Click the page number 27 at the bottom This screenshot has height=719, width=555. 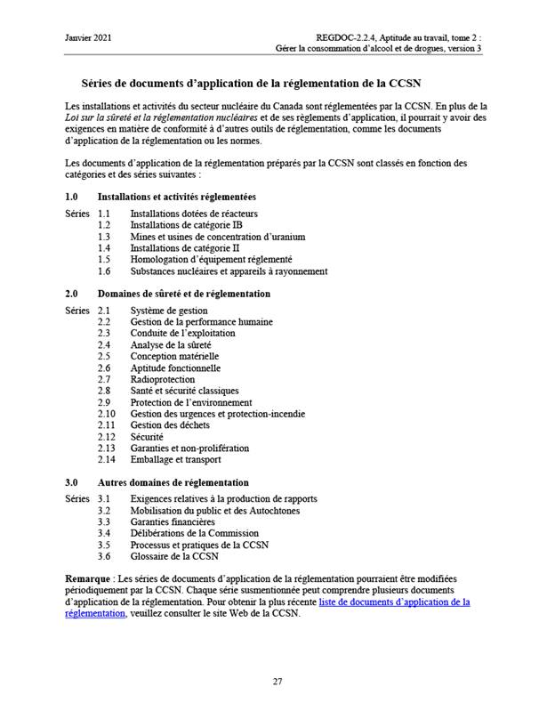tap(277, 682)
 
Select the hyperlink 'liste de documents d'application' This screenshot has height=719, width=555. tap(394, 602)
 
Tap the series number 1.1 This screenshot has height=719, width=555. tap(104, 214)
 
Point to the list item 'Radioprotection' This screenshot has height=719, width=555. tap(162, 379)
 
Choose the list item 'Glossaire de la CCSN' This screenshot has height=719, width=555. tap(174, 556)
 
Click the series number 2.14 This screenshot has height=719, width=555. tap(107, 460)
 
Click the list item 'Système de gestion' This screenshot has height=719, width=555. tap(169, 311)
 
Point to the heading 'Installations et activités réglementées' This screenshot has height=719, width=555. tap(176, 197)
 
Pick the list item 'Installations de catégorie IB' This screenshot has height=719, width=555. tap(186, 226)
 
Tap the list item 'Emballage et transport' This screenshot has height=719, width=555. tap(175, 460)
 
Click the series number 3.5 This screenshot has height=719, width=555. tap(104, 545)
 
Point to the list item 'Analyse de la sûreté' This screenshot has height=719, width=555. tap(171, 344)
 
